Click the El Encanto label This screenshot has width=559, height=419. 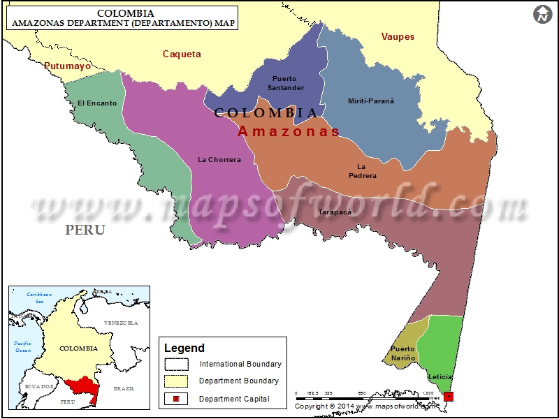click(x=97, y=103)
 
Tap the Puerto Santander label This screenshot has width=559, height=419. click(x=289, y=83)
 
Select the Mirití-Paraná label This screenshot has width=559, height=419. click(x=371, y=101)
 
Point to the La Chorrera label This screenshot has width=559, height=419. click(x=219, y=159)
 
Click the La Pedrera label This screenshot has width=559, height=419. click(x=363, y=171)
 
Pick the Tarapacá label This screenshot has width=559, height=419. click(x=333, y=211)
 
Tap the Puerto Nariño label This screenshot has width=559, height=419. click(x=403, y=353)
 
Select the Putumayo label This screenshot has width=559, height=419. click(x=67, y=66)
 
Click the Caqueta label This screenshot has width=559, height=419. click(x=182, y=54)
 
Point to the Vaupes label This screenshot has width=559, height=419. click(x=398, y=36)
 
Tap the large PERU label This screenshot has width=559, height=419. click(x=85, y=230)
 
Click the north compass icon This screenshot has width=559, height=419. click(x=542, y=14)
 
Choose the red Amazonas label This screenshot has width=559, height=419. click(x=289, y=131)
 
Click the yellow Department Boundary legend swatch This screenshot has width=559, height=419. click(x=177, y=381)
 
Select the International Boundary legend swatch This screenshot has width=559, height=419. click(x=177, y=364)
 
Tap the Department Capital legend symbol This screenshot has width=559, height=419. click(x=177, y=398)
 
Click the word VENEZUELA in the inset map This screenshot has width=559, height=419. click(x=120, y=323)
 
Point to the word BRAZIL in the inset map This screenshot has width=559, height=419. click(x=124, y=388)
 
